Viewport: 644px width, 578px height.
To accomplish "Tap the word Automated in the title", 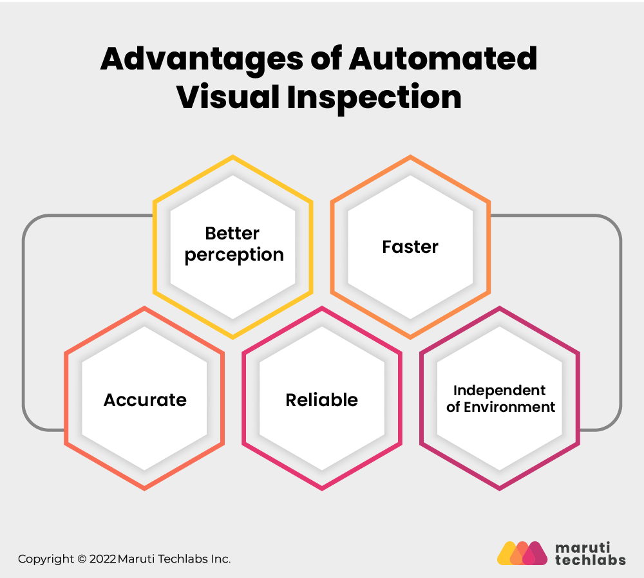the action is pos(443,59).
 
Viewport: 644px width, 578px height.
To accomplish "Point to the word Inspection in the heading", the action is pos(374,98).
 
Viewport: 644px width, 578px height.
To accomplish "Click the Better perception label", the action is pos(234,244).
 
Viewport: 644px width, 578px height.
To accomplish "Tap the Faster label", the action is pos(410,247).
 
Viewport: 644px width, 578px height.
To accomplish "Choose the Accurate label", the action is pos(145,400).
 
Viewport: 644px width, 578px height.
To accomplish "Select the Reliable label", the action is pos(322,400).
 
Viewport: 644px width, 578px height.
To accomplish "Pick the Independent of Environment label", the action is pos(500,398).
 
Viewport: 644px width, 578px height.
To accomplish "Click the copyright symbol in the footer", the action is pos(82,559).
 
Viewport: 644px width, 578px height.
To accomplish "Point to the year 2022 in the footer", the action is pos(102,559).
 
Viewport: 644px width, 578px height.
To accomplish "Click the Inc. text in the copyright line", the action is pos(220,559).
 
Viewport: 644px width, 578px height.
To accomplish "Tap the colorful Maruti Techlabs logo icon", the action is pos(522,553).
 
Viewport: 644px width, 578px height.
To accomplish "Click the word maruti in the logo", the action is pos(582,548).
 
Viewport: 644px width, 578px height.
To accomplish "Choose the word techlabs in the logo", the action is pos(590,559).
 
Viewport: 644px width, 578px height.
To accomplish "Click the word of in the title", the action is pos(326,59).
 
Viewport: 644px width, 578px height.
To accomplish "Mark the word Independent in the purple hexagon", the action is pos(500,390).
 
